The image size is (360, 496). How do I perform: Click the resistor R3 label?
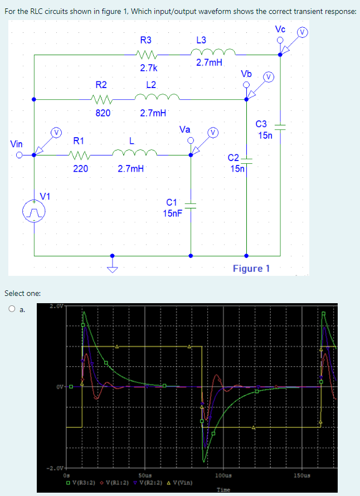pos(145,40)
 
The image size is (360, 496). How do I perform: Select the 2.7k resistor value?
pos(148,68)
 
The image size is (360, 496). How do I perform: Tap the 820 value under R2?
pos(103,113)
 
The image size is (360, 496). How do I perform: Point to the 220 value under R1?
pos(80,168)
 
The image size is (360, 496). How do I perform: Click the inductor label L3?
pos(201,40)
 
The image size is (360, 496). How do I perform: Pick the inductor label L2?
pos(150,85)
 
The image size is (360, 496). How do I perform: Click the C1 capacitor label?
pos(172,202)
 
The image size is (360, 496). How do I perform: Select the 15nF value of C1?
pos(172,213)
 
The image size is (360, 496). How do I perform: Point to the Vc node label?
pos(280,29)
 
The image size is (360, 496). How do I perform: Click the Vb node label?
pos(246,74)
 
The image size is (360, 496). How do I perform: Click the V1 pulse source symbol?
pos(34,212)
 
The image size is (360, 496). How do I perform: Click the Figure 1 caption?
pos(251,269)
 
